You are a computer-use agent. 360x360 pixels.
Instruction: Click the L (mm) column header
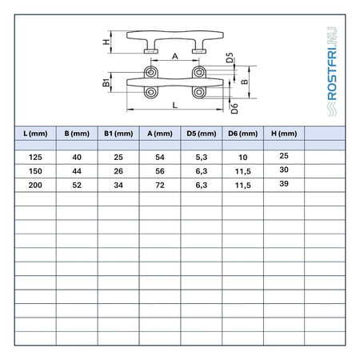[35, 134]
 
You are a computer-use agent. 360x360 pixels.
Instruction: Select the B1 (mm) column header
[118, 134]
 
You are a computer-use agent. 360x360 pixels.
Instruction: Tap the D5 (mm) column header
[202, 134]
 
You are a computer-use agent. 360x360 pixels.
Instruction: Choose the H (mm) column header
[284, 134]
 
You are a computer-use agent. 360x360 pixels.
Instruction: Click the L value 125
[35, 157]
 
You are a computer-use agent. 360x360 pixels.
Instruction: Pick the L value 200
[35, 185]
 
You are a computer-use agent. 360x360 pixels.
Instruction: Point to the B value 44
[77, 171]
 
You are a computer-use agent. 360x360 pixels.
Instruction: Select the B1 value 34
[118, 185]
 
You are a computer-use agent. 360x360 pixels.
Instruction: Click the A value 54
[160, 157]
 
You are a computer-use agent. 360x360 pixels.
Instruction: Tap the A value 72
[160, 185]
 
